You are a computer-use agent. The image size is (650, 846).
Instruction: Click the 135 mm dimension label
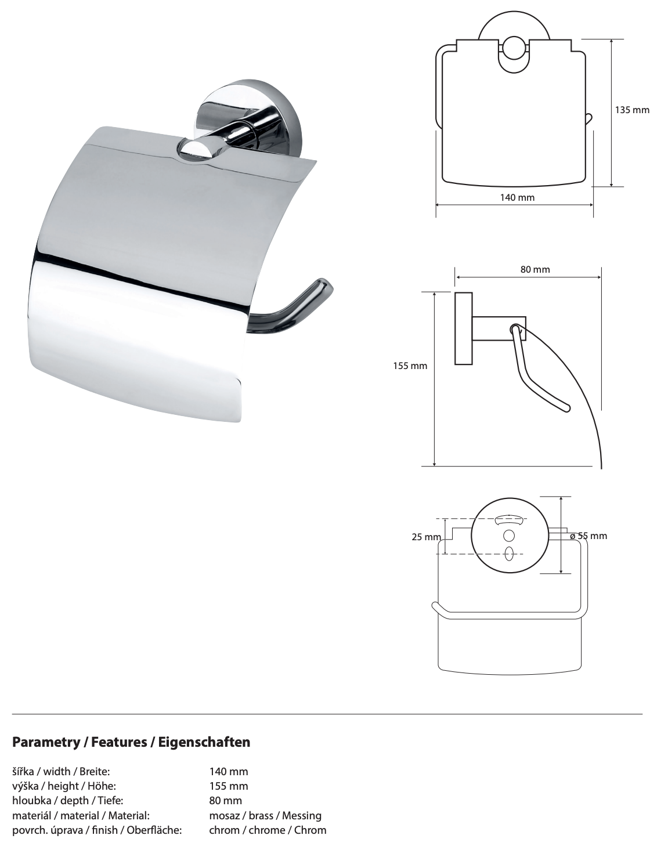tap(632, 109)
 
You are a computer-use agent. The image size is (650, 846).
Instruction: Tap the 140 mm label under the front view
tap(517, 197)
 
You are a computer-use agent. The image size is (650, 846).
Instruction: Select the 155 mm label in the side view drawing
tap(410, 366)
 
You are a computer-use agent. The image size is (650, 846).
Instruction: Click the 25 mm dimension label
tap(426, 537)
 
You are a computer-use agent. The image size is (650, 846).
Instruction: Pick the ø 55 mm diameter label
tap(588, 536)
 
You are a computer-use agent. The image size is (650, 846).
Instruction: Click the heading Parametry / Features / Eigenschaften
tap(131, 742)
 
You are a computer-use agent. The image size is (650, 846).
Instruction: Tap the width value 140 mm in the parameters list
tap(228, 771)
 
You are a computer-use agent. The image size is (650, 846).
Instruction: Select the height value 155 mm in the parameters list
tap(228, 786)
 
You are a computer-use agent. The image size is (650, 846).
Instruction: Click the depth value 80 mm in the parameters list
tap(225, 800)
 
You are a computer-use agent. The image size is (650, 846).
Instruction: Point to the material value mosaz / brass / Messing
tap(265, 815)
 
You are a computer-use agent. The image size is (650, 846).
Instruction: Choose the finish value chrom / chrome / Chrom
tap(268, 830)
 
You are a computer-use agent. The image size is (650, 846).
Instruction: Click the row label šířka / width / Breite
tap(61, 771)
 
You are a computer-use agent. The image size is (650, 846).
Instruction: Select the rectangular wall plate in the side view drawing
tap(463, 328)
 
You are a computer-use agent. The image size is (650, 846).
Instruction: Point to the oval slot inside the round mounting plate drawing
tap(509, 553)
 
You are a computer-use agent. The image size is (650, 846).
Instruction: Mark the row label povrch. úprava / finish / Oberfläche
tap(97, 830)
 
